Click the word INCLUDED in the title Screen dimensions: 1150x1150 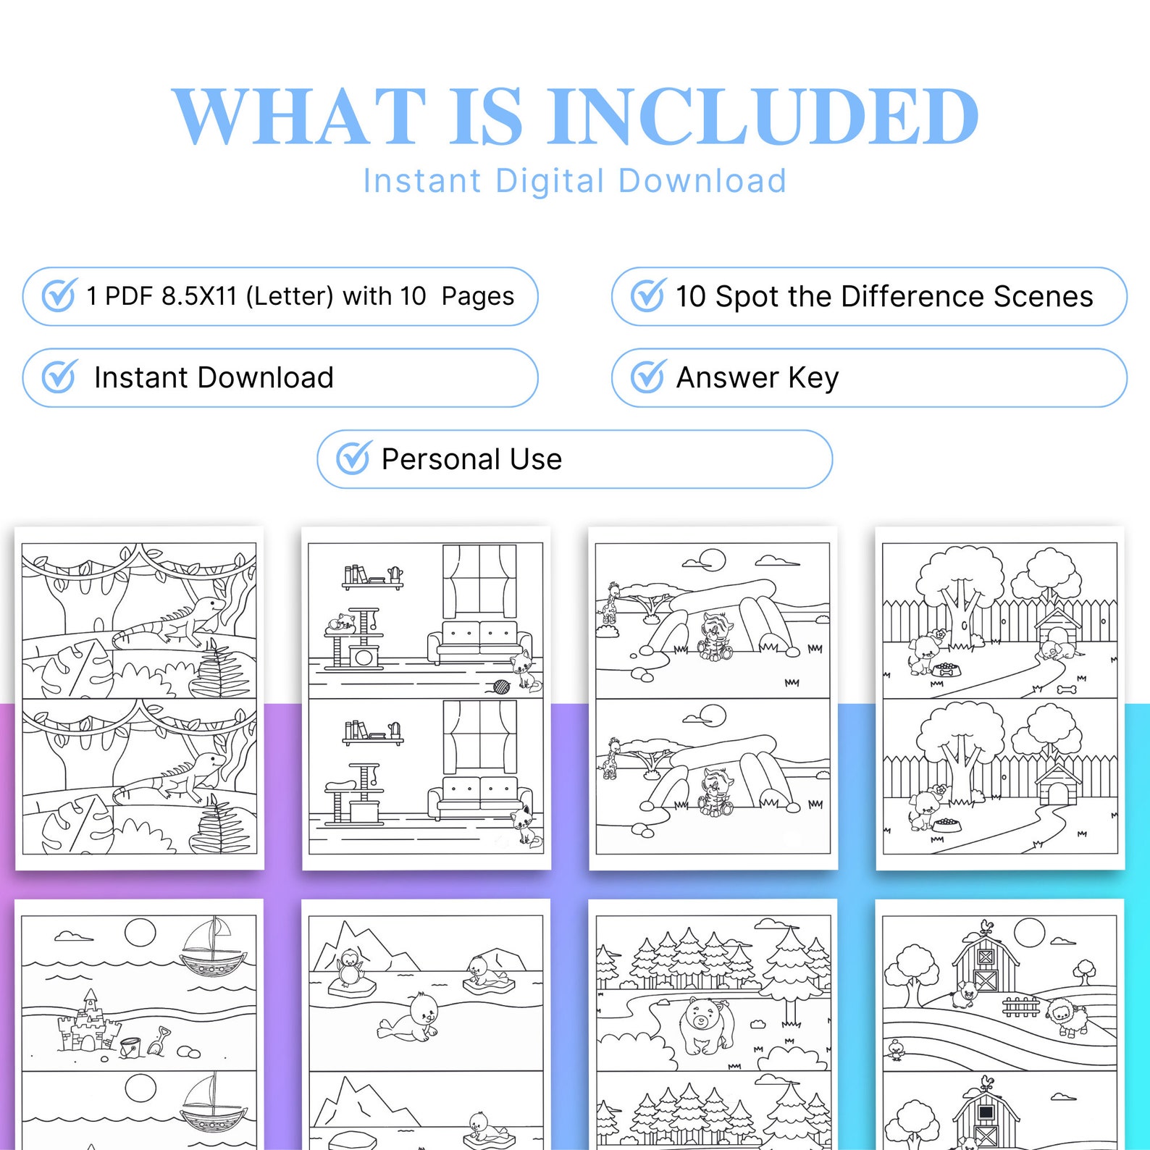(762, 116)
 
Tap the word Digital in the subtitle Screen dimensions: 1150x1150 (550, 181)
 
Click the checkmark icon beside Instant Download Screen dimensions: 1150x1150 (59, 377)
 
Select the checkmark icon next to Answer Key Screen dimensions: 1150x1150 (647, 377)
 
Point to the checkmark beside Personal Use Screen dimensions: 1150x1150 (353, 458)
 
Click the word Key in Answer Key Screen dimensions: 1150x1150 (813, 377)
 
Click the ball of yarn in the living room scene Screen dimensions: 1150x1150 (501, 686)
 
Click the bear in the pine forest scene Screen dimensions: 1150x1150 (704, 1024)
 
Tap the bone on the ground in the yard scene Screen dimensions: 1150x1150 (1066, 689)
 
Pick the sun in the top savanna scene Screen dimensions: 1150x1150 (713, 560)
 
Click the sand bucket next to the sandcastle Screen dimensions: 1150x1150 (130, 1046)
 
